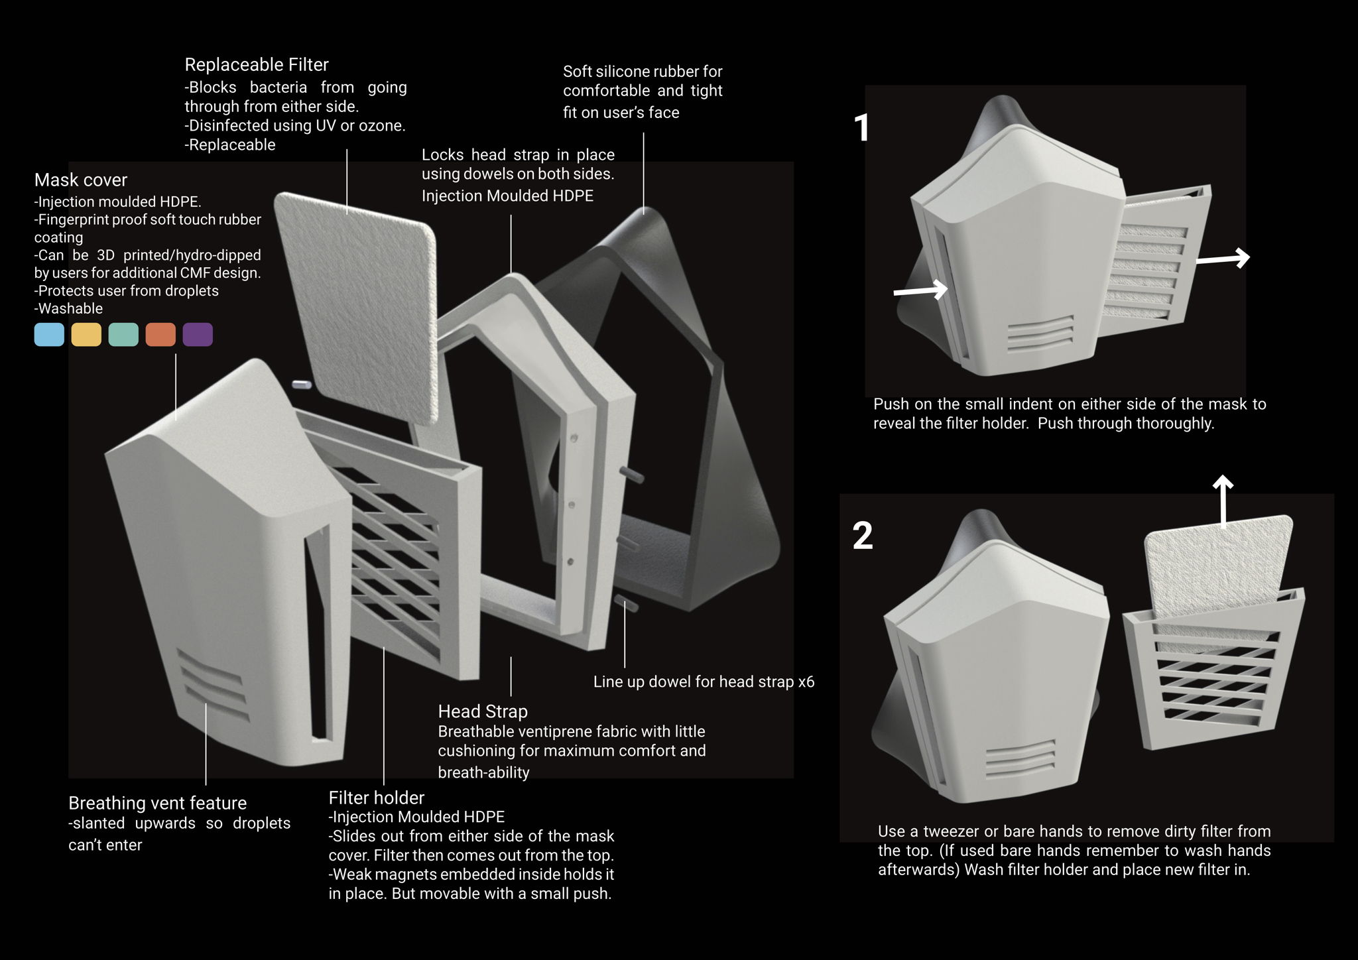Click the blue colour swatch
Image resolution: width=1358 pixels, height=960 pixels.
coord(49,335)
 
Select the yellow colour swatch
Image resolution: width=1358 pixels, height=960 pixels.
coord(86,335)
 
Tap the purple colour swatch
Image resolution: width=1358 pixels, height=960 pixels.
coord(198,335)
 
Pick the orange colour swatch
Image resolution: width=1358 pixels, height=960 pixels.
coord(160,335)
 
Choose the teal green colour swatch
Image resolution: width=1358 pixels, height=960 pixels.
coord(123,335)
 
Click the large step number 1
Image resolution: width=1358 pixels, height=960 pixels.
coord(861,128)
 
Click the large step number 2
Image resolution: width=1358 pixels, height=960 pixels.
coord(862,536)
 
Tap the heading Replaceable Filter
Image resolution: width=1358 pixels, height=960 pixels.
coord(257,65)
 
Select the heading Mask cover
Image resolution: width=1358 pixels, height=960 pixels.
coord(81,180)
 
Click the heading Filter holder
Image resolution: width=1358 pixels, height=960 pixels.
coord(376,798)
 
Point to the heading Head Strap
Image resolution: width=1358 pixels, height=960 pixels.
coord(483,711)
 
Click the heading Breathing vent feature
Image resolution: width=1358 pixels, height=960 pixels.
coord(157,803)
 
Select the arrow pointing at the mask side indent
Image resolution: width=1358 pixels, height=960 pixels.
coord(920,290)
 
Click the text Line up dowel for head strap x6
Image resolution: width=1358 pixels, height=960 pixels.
coord(704,682)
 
